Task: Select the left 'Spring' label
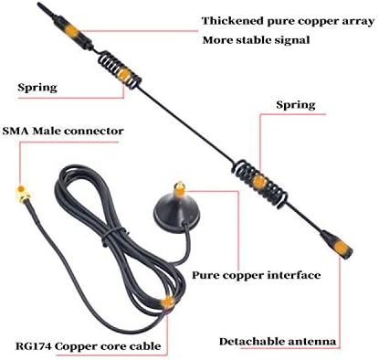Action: [x=37, y=89]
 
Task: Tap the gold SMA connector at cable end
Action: [x=16, y=195]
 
